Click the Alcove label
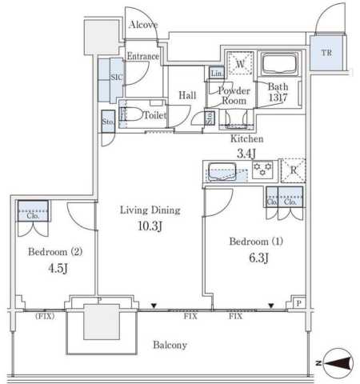click(143, 25)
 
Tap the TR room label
click(326, 53)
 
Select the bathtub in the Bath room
click(279, 64)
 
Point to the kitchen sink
click(222, 171)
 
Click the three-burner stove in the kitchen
click(262, 170)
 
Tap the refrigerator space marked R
click(294, 170)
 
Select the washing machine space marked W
click(240, 63)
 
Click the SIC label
click(117, 77)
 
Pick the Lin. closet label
click(217, 74)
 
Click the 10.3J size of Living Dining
click(150, 226)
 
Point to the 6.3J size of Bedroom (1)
click(258, 258)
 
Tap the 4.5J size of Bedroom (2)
click(58, 268)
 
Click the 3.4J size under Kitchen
click(246, 154)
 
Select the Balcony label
click(170, 345)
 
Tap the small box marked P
click(299, 303)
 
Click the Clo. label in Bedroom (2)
click(33, 216)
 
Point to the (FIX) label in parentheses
click(45, 316)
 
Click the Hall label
click(187, 95)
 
